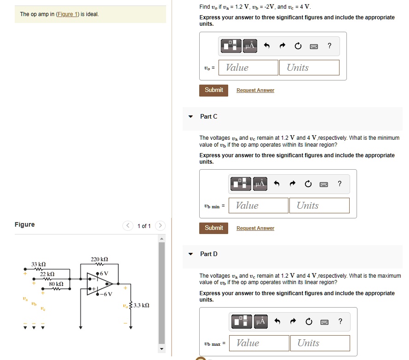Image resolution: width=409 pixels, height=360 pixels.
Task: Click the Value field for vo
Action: tap(248, 68)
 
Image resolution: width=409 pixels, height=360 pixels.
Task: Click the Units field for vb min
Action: tap(319, 206)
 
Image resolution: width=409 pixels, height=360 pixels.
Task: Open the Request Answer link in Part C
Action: tap(255, 228)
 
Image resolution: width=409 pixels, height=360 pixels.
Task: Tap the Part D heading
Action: tap(209, 254)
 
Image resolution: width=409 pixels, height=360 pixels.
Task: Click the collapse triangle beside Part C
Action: tap(191, 117)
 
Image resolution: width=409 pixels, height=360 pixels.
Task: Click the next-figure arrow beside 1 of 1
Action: tap(160, 225)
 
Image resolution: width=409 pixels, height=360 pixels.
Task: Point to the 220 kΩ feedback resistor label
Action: tap(99, 259)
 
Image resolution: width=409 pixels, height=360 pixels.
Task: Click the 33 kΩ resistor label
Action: tap(38, 264)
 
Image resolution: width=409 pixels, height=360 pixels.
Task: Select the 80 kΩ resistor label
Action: tap(56, 284)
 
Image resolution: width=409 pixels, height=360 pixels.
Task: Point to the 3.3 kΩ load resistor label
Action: tap(141, 305)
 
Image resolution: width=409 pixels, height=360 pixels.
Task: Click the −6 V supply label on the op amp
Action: tap(107, 295)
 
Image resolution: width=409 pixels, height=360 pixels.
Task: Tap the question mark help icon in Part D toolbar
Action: tap(340, 321)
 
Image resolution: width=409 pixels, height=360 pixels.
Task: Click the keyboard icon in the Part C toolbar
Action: tap(323, 184)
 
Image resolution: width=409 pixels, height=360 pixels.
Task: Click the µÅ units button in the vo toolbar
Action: tap(250, 46)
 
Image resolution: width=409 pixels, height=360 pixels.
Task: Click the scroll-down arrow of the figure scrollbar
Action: tap(161, 349)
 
